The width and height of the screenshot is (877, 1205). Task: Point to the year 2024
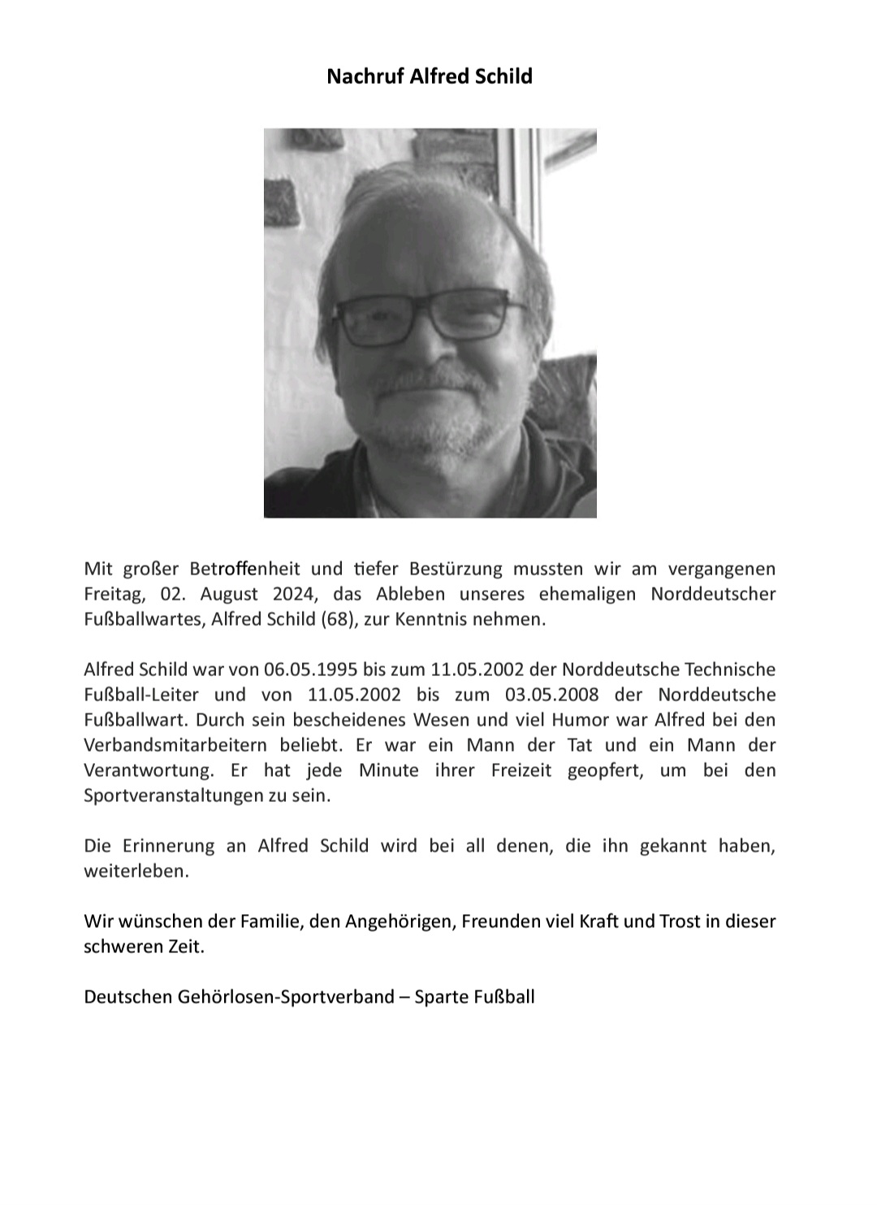pos(295,594)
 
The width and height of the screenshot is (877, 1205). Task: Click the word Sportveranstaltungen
pos(173,795)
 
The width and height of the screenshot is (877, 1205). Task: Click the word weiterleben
pos(136,871)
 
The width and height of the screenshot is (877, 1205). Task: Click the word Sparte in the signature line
pos(442,996)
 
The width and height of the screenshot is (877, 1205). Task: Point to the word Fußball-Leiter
pos(141,695)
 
